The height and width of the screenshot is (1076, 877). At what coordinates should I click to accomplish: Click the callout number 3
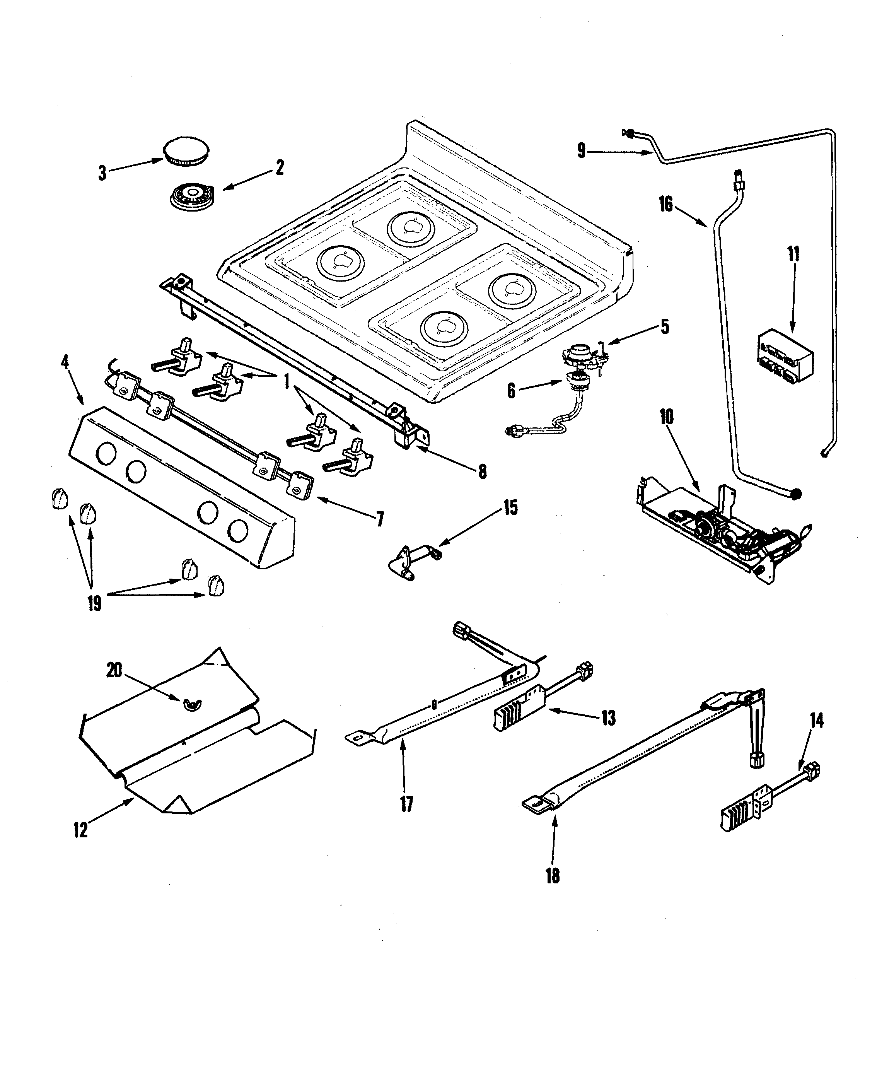[102, 173]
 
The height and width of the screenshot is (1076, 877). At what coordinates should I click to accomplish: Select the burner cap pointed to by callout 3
[186, 150]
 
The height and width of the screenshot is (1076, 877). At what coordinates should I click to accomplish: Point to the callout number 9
[582, 150]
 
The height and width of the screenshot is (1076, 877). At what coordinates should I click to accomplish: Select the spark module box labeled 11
[785, 355]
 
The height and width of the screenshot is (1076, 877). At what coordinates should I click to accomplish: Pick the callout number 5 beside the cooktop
[665, 327]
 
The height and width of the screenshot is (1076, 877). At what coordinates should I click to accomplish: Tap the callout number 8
[483, 471]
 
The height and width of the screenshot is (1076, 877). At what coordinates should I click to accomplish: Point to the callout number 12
[80, 830]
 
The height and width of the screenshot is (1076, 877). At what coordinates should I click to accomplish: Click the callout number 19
[94, 603]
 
